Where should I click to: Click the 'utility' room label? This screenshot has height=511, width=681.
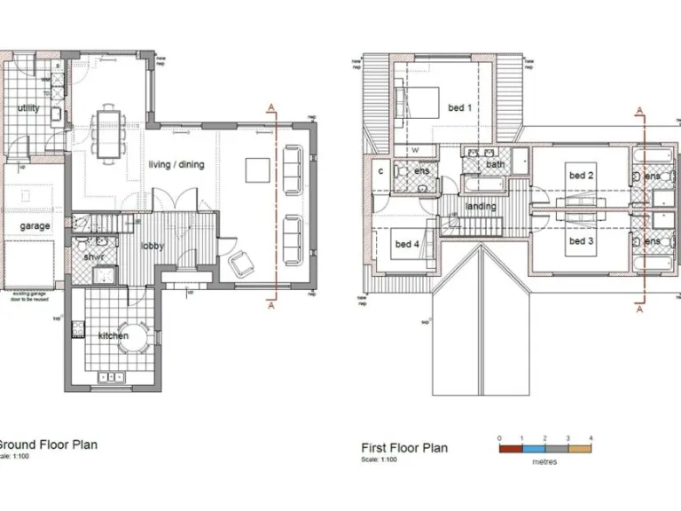28,108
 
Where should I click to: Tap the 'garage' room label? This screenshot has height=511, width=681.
35,226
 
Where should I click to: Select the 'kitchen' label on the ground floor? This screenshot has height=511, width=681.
113,336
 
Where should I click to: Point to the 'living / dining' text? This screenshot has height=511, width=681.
176,165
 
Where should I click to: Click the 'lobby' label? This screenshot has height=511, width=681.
152,246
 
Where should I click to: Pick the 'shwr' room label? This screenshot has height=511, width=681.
94,256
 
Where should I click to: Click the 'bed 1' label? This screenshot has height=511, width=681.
459,108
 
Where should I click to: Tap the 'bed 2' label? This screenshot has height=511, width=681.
581,176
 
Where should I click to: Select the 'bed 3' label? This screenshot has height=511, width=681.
581,241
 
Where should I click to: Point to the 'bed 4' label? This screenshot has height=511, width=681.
406,244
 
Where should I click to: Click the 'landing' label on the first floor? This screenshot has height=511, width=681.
481,207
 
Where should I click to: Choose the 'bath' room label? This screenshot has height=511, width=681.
495,164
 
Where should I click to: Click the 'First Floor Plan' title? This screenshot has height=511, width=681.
404,448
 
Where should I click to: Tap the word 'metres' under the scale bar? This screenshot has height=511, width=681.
544,462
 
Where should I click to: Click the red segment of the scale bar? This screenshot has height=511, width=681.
511,450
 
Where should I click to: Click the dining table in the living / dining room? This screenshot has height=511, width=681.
110,130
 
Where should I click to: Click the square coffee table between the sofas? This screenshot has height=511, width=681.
258,169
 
